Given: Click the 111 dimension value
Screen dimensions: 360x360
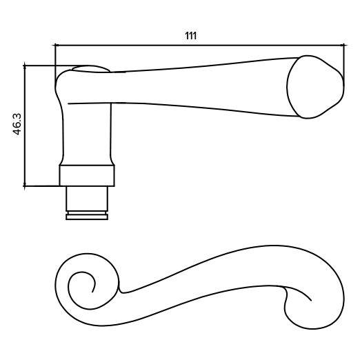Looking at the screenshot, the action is coord(191,36).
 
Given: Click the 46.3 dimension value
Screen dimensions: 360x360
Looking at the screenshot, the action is coord(17,124).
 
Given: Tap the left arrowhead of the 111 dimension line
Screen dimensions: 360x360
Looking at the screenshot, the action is coord(57,46).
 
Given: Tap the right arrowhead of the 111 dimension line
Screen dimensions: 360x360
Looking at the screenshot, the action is coord(343,46).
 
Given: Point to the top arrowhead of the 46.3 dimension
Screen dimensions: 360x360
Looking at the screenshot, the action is coord(24,68).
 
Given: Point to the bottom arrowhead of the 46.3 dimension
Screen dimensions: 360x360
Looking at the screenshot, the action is coord(24,184).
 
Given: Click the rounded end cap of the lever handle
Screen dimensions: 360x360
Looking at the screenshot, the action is coord(315,87).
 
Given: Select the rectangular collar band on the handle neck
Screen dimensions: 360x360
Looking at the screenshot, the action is coord(87,175).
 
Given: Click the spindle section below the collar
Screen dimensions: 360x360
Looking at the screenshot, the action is coord(87,199).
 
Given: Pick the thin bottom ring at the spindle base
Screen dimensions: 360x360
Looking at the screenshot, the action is coord(87,217).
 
